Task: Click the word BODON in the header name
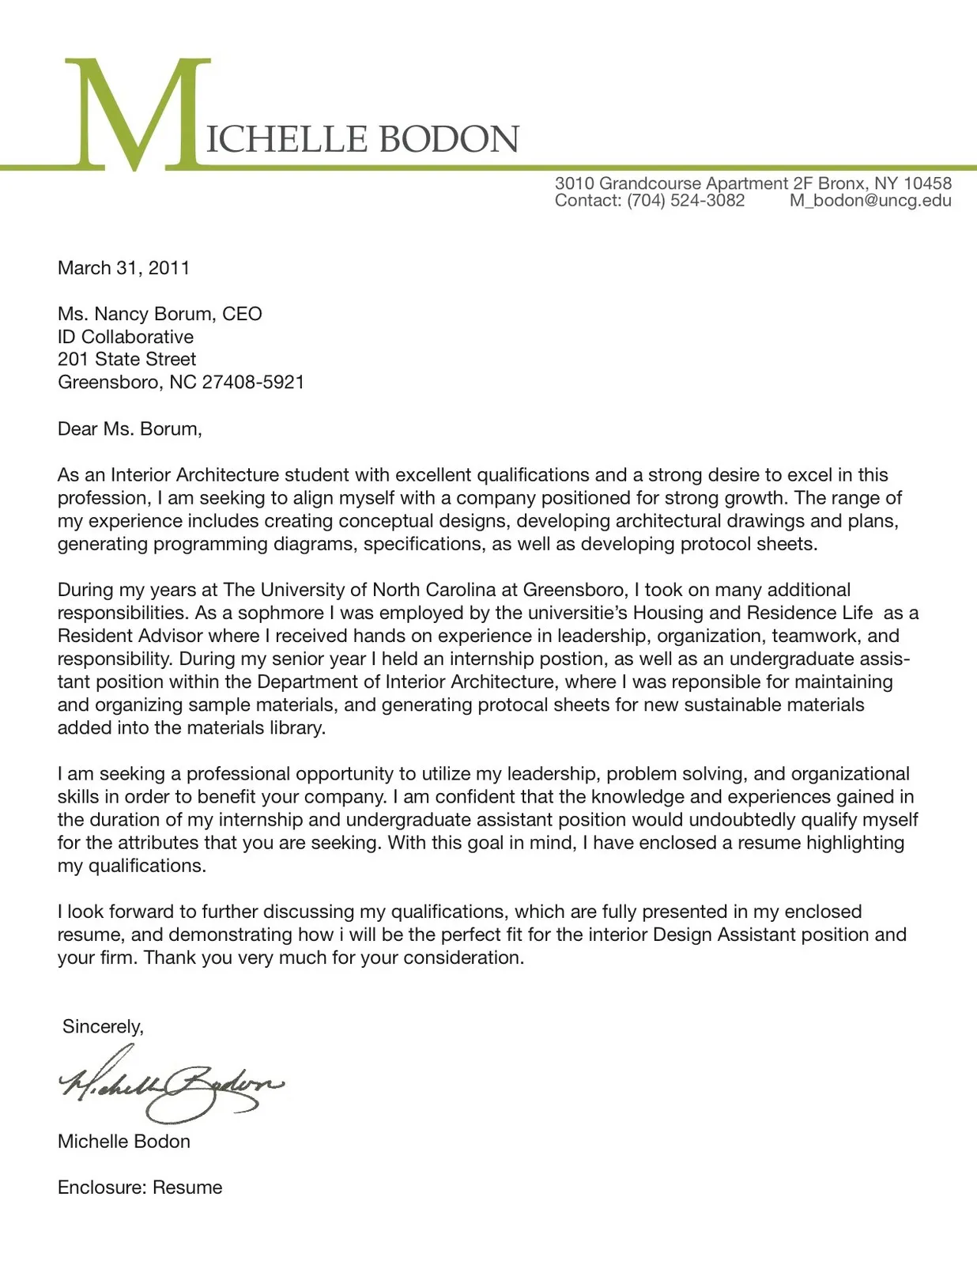coord(448,139)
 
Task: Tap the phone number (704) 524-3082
coord(685,201)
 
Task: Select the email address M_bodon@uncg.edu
coord(870,201)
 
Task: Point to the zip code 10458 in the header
coord(927,183)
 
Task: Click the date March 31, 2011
coord(123,268)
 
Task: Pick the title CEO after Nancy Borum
coord(242,314)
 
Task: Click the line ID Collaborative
coord(125,337)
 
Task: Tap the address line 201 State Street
coord(126,359)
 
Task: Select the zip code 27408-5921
coord(253,382)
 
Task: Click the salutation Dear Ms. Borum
coord(130,429)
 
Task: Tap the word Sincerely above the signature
coord(103,1026)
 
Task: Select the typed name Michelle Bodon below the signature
coord(123,1141)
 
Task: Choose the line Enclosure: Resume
coord(139,1187)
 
